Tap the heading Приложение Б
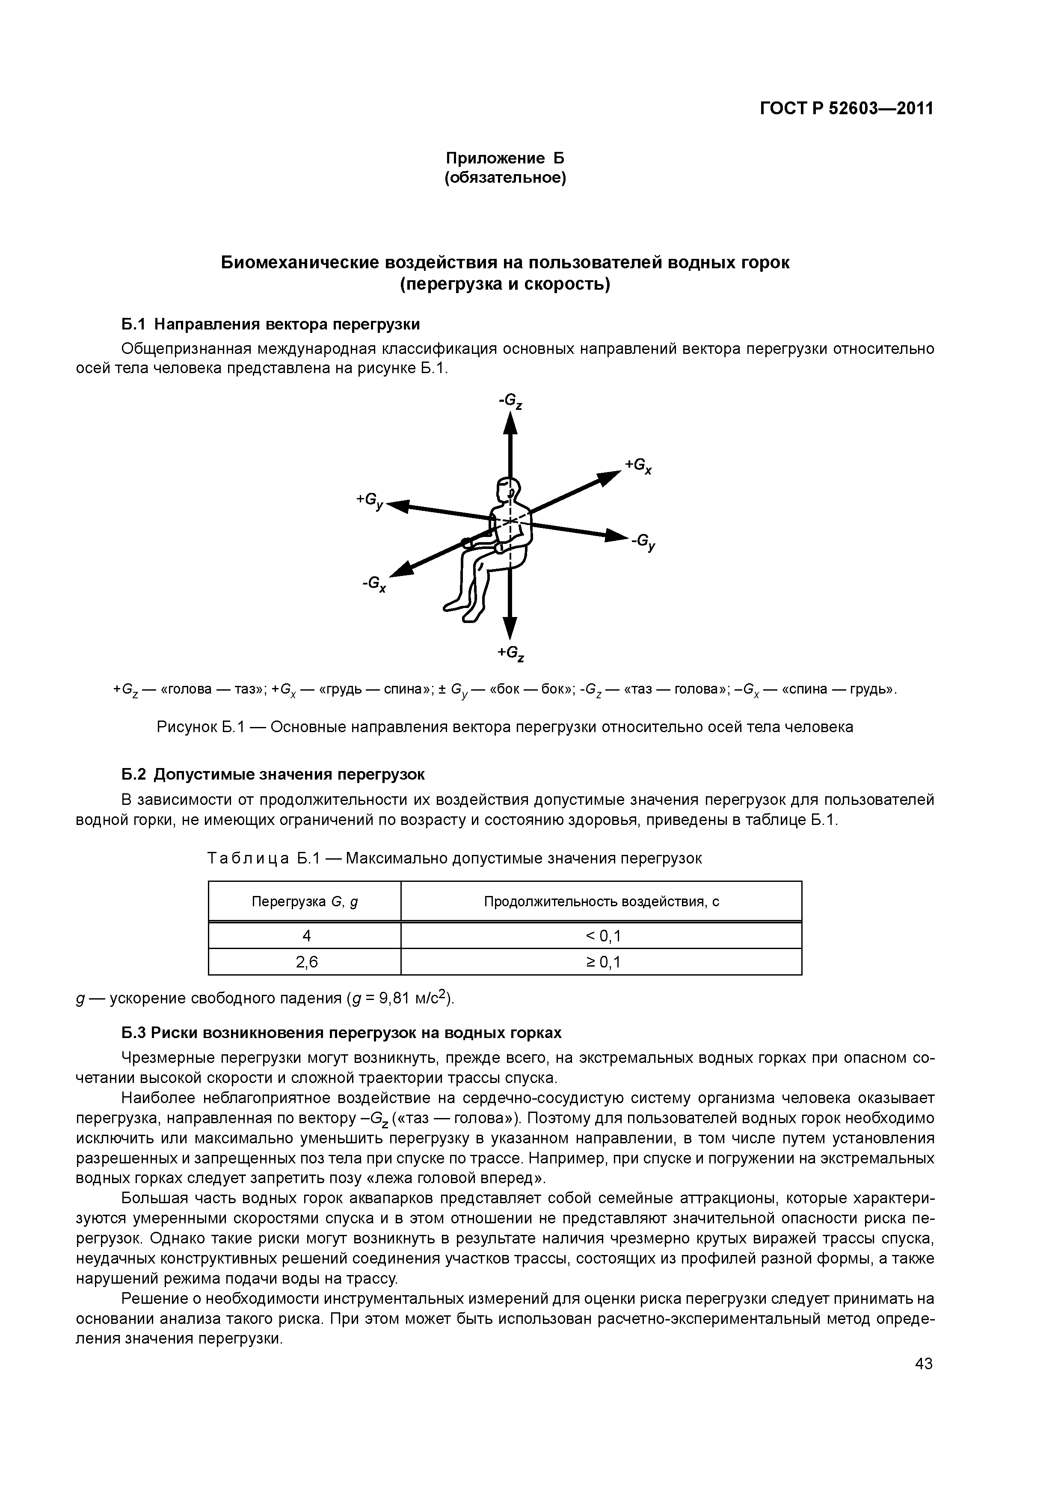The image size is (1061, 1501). tap(505, 158)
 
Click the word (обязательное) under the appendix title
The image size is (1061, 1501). tap(505, 178)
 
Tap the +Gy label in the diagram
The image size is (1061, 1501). tap(370, 500)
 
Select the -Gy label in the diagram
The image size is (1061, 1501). tap(643, 542)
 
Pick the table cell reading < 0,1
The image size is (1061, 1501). tap(601, 936)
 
